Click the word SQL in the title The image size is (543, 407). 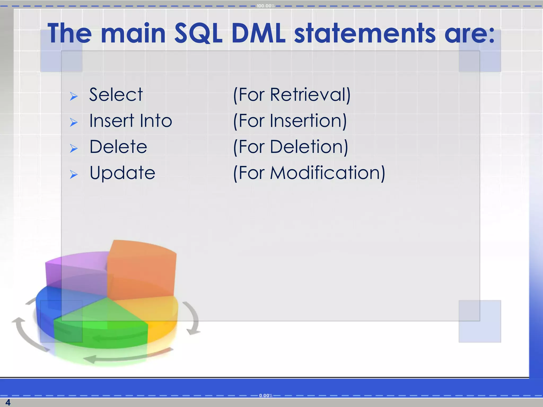coord(198,34)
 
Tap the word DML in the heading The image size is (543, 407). coord(259,34)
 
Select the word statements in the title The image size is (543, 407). coord(365,34)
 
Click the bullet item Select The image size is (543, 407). coord(116,95)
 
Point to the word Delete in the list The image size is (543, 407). coord(118,147)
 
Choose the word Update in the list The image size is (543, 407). coord(122,173)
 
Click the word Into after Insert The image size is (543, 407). coord(156,121)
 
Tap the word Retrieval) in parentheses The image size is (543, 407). coord(310,95)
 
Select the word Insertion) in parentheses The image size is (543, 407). coord(308,121)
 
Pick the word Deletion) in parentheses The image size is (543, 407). coord(309,147)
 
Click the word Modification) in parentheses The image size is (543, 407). coord(327,173)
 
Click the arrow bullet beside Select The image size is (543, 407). coord(74,96)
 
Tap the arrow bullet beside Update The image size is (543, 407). coord(74,175)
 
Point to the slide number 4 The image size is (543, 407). coord(8,402)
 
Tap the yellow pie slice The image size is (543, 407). coord(156,313)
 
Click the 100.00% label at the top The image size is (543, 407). coord(265,6)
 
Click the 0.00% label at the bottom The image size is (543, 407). coord(266,396)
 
